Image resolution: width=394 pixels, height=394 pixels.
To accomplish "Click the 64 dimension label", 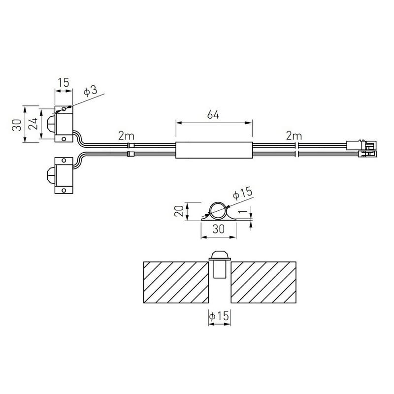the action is click(x=213, y=115).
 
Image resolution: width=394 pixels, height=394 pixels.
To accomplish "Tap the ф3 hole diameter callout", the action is click(x=91, y=91).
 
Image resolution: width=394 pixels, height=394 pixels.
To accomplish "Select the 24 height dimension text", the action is click(x=33, y=124).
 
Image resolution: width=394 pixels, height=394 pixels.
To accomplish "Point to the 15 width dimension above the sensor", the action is click(x=64, y=82).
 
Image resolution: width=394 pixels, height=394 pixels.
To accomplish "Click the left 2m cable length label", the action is click(x=126, y=136).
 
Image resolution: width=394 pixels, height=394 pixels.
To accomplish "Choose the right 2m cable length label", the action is click(x=294, y=136).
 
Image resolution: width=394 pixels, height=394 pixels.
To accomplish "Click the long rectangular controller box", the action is click(x=214, y=150).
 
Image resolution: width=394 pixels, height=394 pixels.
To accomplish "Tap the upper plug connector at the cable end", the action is click(x=361, y=145).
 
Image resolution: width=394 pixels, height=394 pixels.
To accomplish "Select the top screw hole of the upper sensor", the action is click(x=64, y=109).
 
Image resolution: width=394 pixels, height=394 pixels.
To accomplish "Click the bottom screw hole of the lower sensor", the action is click(x=64, y=190).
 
